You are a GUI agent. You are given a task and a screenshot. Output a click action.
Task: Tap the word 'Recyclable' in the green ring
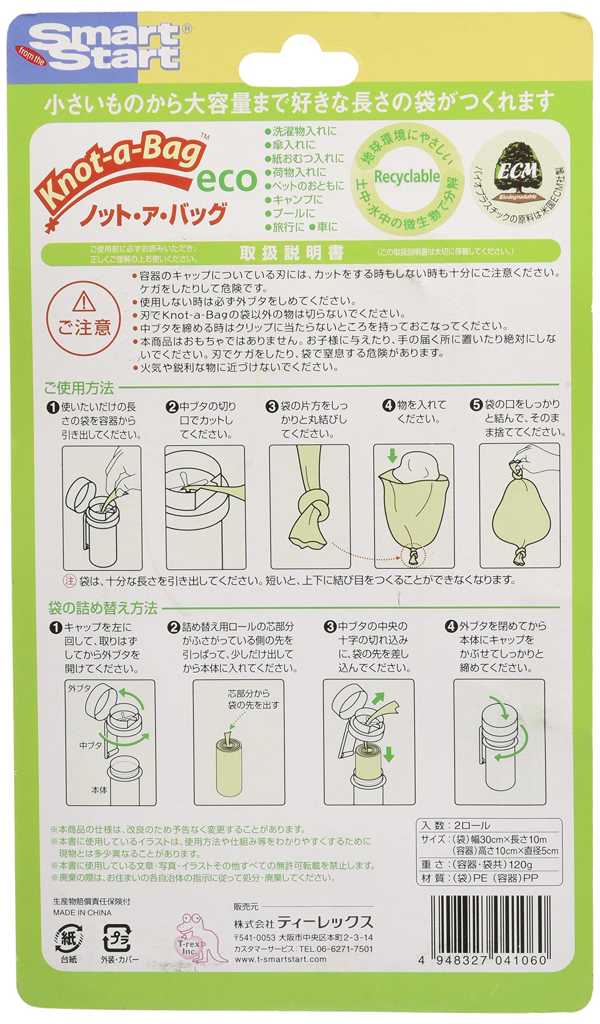point(407,177)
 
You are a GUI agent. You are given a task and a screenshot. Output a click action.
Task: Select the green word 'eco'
point(227,180)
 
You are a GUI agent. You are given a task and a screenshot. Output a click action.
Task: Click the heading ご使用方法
point(79,388)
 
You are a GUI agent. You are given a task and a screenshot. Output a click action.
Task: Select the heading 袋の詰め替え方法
point(103,608)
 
